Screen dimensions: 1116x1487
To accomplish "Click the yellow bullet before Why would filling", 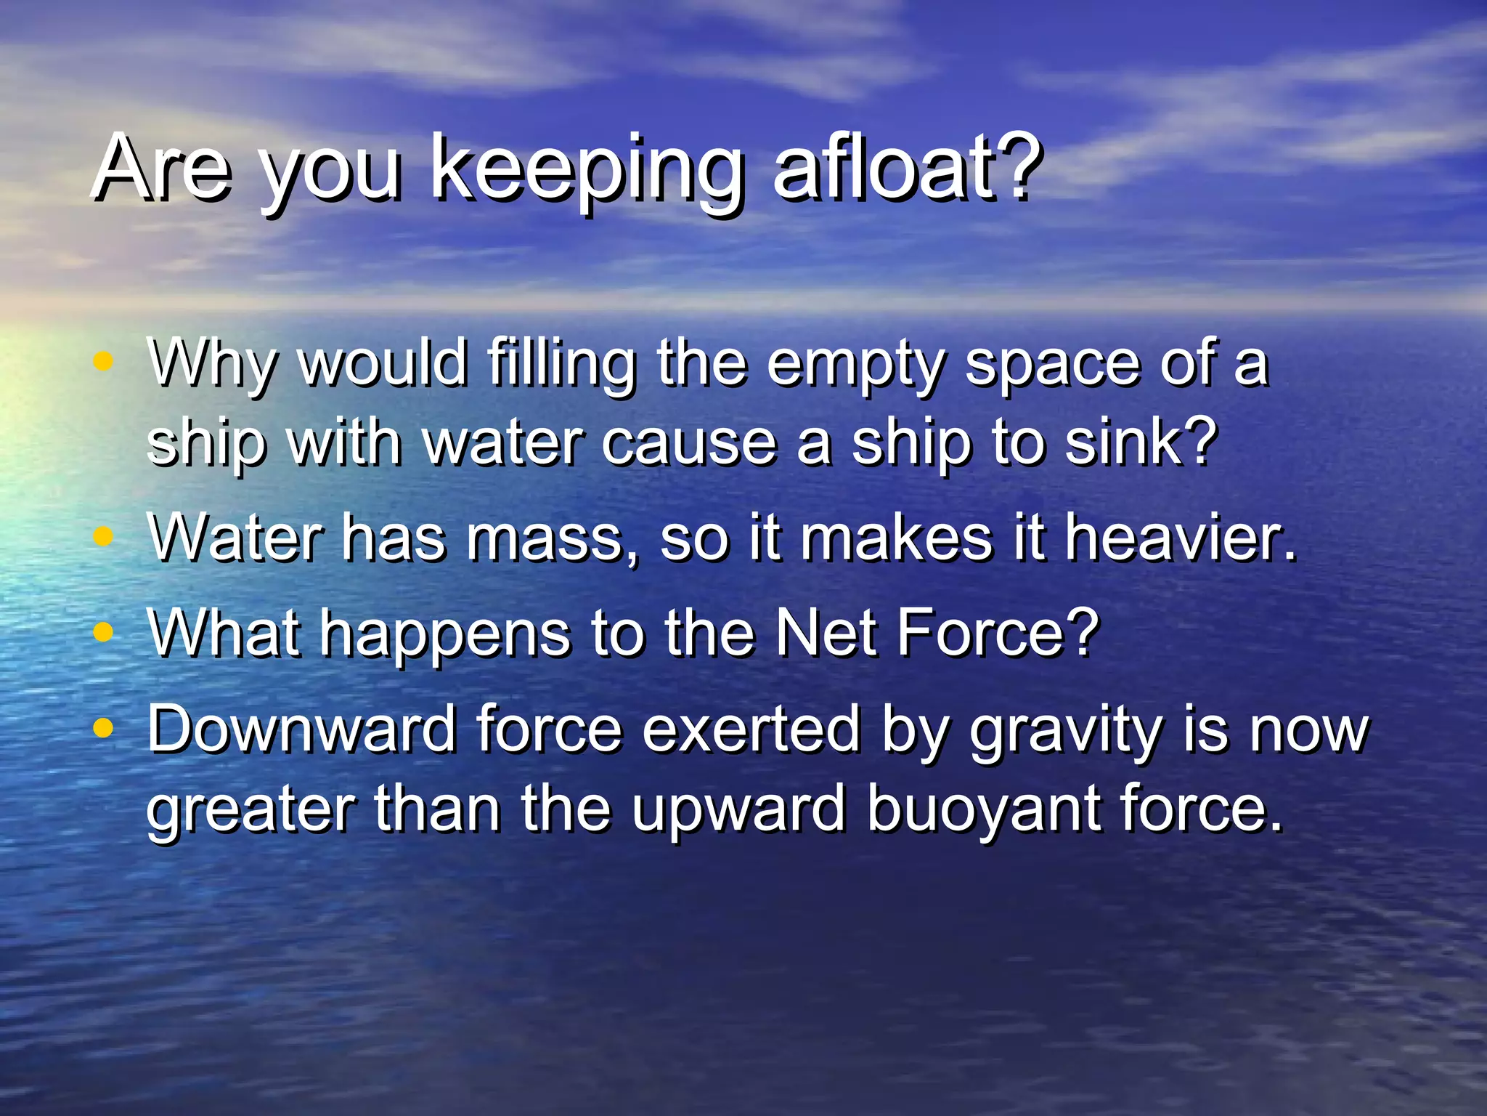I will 104,360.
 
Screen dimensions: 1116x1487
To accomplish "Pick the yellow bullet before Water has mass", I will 104,536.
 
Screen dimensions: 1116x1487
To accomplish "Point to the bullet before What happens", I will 104,631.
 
